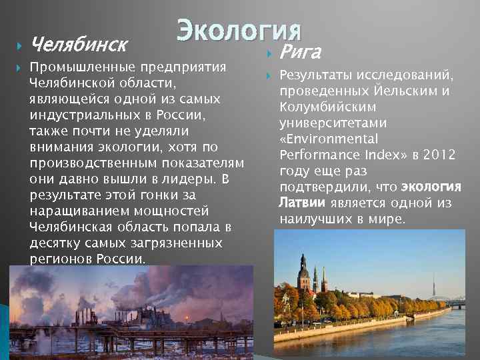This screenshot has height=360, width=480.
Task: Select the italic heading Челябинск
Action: pyautogui.click(x=79, y=45)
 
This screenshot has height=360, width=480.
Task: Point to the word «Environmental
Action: pyautogui.click(x=329, y=139)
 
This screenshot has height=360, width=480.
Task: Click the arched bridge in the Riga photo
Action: pyautogui.click(x=456, y=301)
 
